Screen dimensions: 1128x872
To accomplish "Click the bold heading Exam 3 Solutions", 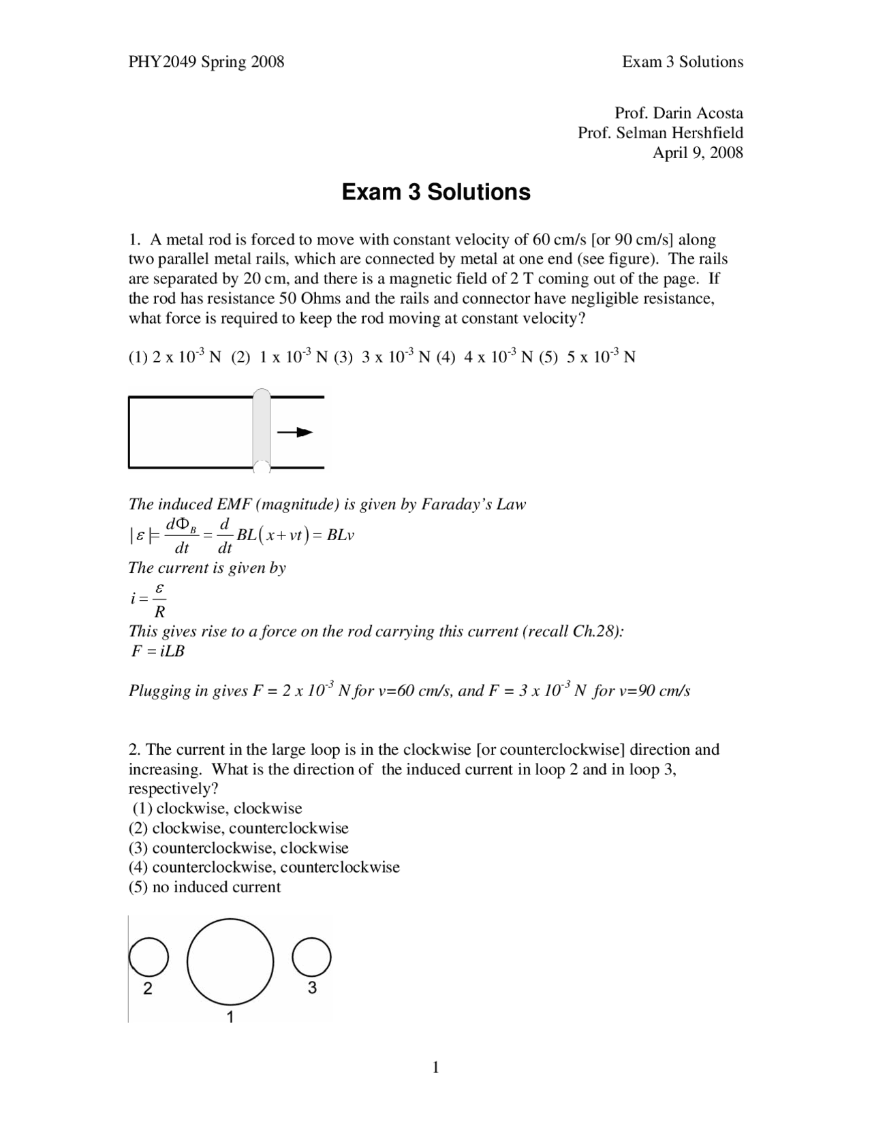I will (x=435, y=192).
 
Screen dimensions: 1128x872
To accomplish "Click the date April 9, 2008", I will (x=698, y=153).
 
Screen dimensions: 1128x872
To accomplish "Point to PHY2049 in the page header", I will (x=162, y=62).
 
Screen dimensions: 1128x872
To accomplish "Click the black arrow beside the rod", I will (x=295, y=433).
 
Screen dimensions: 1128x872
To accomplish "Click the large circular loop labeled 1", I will (x=230, y=961).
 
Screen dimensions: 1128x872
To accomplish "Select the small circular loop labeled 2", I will (x=149, y=957).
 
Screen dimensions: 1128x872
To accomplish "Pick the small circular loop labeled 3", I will (x=312, y=956).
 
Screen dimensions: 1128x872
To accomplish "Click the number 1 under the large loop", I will (x=230, y=1017).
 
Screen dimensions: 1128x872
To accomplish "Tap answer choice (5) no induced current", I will (x=204, y=887).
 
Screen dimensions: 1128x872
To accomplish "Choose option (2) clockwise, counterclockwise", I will (x=238, y=828).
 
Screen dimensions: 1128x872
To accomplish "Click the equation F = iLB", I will (x=158, y=651).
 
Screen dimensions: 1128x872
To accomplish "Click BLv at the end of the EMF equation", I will (x=340, y=535).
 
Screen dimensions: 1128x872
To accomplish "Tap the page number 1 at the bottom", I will (x=435, y=1067).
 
